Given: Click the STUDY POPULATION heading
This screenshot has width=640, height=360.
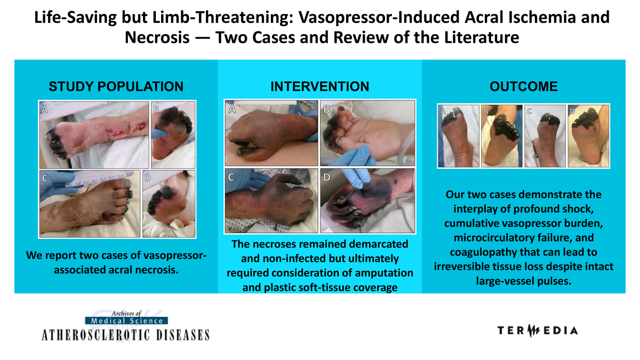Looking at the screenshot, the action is (x=116, y=86).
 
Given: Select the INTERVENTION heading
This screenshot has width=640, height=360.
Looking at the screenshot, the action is (x=319, y=86).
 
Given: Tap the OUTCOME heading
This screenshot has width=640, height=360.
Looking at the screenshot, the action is (x=523, y=86).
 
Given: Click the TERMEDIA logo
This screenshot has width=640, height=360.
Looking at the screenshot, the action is (x=538, y=331).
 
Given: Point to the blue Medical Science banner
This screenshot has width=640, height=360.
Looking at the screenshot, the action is (x=126, y=321).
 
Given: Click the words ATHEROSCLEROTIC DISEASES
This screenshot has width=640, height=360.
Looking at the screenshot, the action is (x=126, y=335).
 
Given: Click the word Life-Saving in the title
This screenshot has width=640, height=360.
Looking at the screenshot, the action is (x=75, y=17).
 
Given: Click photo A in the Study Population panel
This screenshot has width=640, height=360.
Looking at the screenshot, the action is (x=94, y=134).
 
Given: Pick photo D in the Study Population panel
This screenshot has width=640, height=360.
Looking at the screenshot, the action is (x=169, y=204).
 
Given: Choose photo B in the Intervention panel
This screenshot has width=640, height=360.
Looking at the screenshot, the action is (x=367, y=133).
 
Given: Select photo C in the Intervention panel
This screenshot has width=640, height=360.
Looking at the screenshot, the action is (x=271, y=201).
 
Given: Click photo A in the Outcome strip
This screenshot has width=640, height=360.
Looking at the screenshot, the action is (x=458, y=136).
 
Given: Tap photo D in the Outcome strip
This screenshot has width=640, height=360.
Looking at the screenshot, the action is (x=588, y=136).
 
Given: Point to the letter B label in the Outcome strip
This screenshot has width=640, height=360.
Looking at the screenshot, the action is (x=486, y=111).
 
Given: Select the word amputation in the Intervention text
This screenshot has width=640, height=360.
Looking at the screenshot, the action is (x=385, y=273).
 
